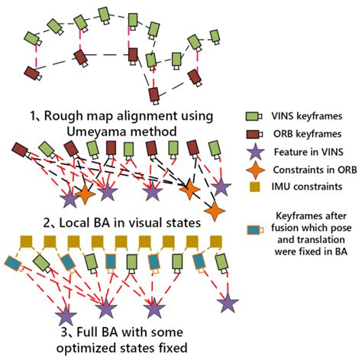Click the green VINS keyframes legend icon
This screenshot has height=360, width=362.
[x=254, y=116]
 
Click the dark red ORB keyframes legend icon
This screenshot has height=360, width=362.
[x=254, y=135]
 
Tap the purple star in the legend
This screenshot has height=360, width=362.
[x=255, y=152]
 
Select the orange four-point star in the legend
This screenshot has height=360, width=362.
[x=255, y=170]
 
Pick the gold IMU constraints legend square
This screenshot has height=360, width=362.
[x=254, y=186]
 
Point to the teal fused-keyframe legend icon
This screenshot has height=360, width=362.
[x=255, y=230]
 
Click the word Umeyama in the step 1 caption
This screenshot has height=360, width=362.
[x=95, y=132]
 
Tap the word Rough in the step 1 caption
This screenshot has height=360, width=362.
[x=60, y=116]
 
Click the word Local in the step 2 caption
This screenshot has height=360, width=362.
[x=72, y=223]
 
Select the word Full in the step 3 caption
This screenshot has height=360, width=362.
[x=87, y=332]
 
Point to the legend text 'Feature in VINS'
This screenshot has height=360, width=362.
[x=309, y=152]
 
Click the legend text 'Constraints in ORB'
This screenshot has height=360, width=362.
[x=315, y=170]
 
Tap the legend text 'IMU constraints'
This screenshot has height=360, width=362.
[x=307, y=186]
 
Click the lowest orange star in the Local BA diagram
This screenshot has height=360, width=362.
[x=215, y=211]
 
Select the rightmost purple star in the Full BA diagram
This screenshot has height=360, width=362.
[x=228, y=303]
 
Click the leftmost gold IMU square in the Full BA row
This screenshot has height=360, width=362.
[x=27, y=242]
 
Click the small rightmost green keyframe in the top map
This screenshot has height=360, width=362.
[x=215, y=37]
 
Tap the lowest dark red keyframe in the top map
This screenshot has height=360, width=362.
[x=154, y=96]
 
